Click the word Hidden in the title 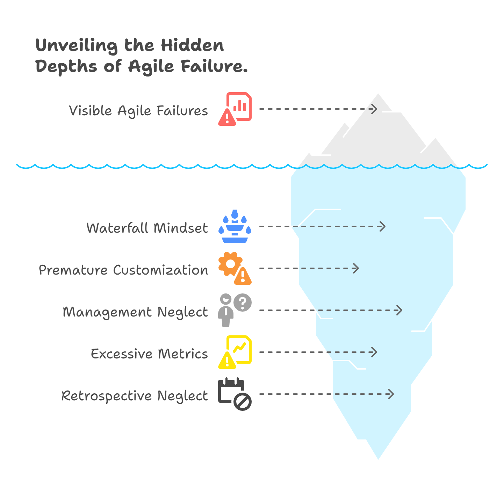(x=192, y=45)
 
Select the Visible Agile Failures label (x=138, y=111)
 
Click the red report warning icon (x=235, y=109)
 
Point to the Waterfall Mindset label (x=147, y=228)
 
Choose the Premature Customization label (x=123, y=270)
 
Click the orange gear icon (x=230, y=264)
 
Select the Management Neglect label (x=135, y=312)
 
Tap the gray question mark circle (x=243, y=302)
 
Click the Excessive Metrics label (x=149, y=354)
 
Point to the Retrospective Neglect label (x=135, y=396)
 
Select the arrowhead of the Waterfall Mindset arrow (x=383, y=226)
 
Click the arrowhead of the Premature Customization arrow (x=357, y=268)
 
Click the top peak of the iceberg (x=378, y=95)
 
